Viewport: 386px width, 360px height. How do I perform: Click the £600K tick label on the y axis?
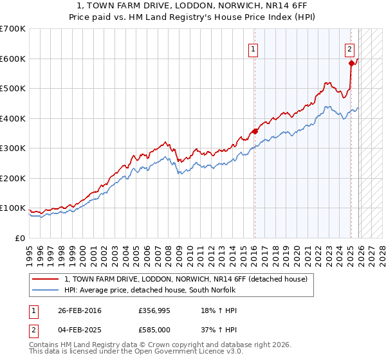pos(13,59)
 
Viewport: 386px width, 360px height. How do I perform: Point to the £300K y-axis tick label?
pos(13,148)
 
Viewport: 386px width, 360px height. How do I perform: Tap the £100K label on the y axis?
pos(13,208)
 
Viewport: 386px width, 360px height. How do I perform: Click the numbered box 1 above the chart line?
pos(253,49)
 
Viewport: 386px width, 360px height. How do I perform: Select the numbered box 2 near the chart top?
pos(349,49)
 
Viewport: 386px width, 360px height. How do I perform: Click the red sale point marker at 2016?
pos(255,131)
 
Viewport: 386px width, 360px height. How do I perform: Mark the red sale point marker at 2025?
pos(351,63)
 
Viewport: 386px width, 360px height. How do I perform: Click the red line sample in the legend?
pos(45,279)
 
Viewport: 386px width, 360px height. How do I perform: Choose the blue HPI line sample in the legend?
pos(45,289)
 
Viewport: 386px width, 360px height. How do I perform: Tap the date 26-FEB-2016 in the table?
pos(79,310)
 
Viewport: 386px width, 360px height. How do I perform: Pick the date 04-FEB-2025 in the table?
pos(79,330)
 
